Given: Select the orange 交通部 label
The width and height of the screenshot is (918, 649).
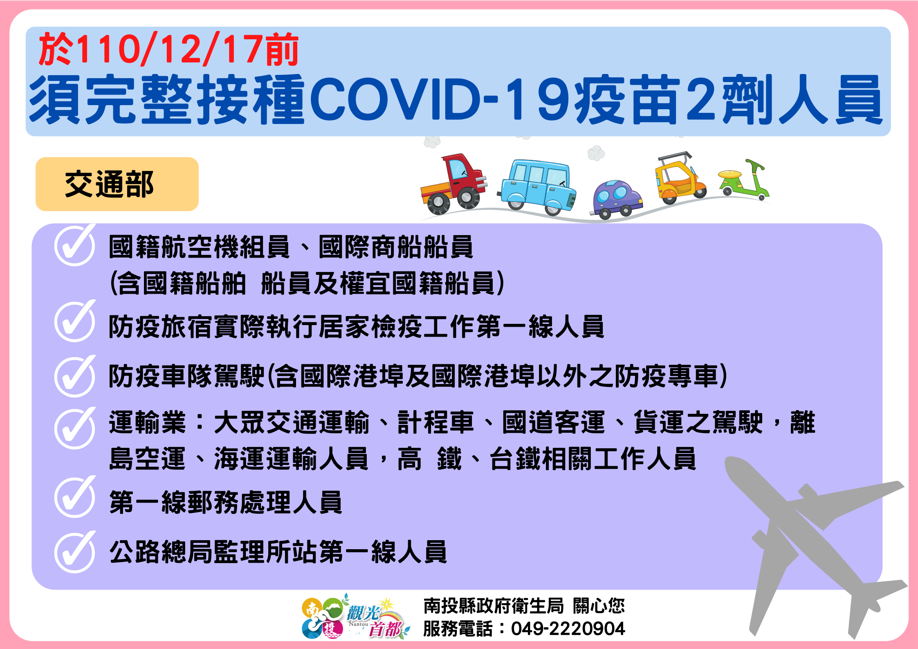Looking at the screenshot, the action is pyautogui.click(x=117, y=184).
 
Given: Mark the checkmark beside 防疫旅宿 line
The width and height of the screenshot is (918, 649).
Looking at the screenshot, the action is pyautogui.click(x=75, y=321).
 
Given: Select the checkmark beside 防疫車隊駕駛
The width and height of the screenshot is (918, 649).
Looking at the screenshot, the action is pyautogui.click(x=75, y=376).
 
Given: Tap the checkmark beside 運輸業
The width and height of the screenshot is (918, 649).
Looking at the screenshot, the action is pyautogui.click(x=75, y=428).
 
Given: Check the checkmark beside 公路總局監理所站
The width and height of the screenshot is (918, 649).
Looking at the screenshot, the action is pyautogui.click(x=75, y=552).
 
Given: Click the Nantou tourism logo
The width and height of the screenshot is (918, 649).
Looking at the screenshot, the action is pyautogui.click(x=355, y=617).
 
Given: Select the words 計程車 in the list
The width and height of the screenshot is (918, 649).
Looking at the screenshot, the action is pyautogui.click(x=435, y=422).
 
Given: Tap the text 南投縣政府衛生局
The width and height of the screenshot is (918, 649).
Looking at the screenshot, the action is pyautogui.click(x=494, y=606).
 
